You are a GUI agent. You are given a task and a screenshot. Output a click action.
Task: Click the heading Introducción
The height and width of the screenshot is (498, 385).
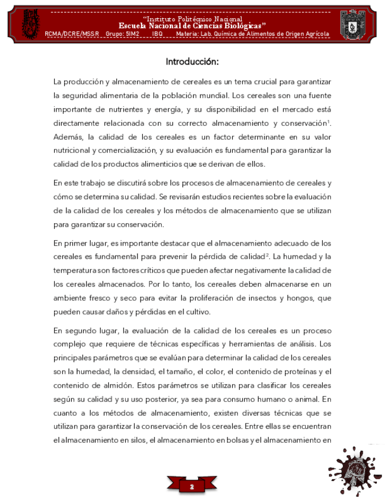(x=192, y=61)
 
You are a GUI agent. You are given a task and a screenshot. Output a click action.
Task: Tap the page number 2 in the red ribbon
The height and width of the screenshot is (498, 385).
(x=192, y=487)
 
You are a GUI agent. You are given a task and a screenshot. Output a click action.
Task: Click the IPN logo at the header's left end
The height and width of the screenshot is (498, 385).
(x=29, y=21)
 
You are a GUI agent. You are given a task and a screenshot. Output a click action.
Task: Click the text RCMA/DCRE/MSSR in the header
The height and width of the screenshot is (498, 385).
(x=72, y=34)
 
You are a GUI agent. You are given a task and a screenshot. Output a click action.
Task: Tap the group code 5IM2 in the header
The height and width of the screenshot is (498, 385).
(x=133, y=34)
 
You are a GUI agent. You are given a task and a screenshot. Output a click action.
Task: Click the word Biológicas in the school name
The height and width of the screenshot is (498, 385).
(x=238, y=26)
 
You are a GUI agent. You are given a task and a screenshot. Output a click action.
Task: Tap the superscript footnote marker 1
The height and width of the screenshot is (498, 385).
(x=329, y=121)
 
